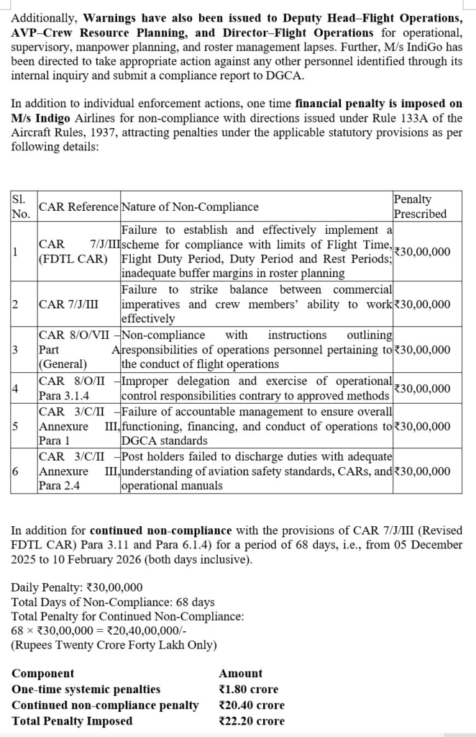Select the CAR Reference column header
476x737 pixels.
pos(78,207)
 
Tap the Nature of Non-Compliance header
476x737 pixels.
pos(190,207)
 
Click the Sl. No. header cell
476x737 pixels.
pos(22,207)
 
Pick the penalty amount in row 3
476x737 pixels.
pos(423,350)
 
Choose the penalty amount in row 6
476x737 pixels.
pos(423,471)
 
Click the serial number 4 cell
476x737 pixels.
pos(16,389)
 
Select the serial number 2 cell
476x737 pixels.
pos(16,304)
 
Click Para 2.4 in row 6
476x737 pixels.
pos(60,486)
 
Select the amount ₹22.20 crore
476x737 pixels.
pos(251,720)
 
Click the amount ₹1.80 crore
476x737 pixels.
pos(248,689)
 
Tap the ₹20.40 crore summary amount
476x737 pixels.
pos(251,705)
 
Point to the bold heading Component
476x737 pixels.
pos(43,673)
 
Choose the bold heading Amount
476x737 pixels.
pos(240,673)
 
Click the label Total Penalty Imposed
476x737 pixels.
pos(72,720)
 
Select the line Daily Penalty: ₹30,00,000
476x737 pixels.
pos(77,587)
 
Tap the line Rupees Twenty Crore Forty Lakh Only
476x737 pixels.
pos(114,645)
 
